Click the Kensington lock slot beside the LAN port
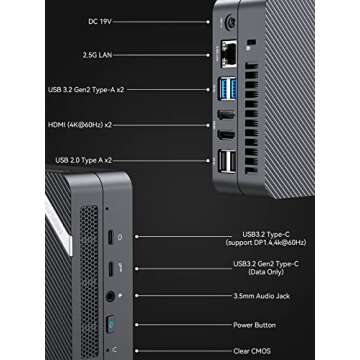pos(249,43)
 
